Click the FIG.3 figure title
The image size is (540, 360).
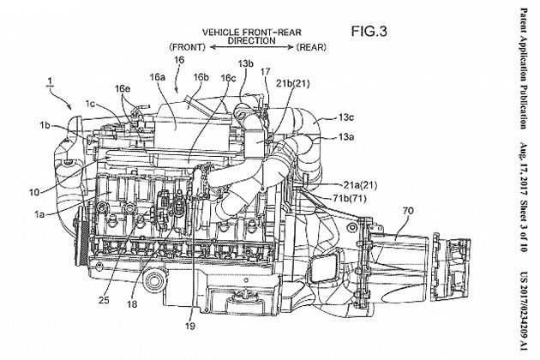tap(369, 32)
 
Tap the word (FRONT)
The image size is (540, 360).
tap(188, 47)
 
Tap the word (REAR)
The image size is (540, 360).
tap(311, 47)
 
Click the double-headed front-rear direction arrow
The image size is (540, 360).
tap(251, 47)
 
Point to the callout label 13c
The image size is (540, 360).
tap(345, 117)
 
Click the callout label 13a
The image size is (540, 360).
tap(345, 137)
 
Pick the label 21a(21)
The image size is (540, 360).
tap(360, 185)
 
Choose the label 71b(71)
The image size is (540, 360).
tap(349, 199)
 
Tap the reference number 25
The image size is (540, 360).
tap(104, 300)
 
